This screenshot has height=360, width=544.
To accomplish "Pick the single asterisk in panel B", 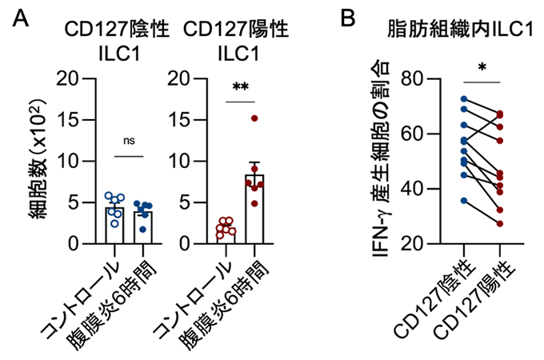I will click(482, 67).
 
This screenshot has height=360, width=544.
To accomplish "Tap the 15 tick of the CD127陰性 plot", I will click(77, 120).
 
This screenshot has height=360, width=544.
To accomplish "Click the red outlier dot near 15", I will click(254, 118).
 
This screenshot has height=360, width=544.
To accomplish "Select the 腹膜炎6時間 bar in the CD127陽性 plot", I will click(254, 209).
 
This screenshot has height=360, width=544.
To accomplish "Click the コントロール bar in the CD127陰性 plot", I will click(115, 225).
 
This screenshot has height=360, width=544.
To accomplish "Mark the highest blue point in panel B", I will click(464, 99).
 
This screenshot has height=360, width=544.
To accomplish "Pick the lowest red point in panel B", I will click(500, 223).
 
